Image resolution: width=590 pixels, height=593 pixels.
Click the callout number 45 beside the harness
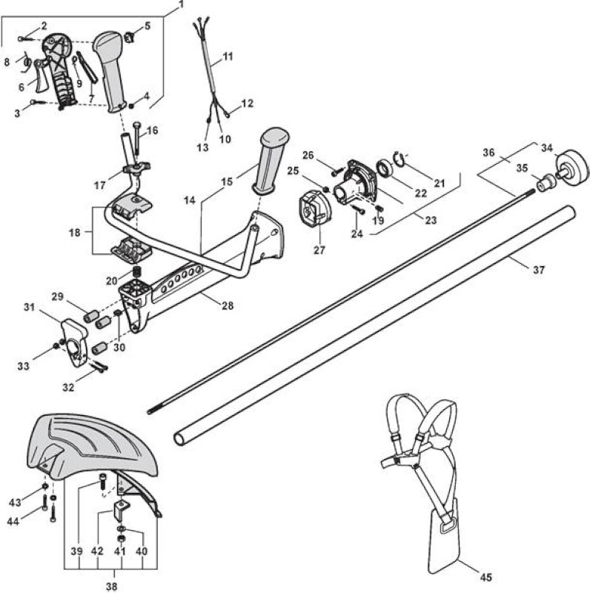486,577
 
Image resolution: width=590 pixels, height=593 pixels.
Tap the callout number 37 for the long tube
539,270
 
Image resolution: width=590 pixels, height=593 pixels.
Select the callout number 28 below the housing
228,305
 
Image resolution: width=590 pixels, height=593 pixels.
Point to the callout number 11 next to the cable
228,57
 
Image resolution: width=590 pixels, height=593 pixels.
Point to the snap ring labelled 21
400,158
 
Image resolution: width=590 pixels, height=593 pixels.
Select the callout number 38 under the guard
111,586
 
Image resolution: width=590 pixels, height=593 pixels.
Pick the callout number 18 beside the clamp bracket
75,232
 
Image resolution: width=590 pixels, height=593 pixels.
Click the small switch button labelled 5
130,37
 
